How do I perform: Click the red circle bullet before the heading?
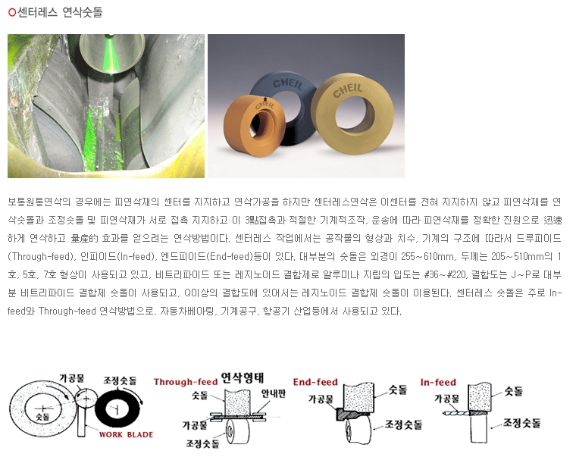(x=12, y=12)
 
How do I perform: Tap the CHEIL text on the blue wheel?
(x=288, y=84)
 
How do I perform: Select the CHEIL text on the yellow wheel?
(x=348, y=90)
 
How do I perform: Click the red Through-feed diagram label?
(x=186, y=382)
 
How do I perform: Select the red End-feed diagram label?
(x=315, y=382)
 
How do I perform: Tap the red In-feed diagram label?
(x=438, y=382)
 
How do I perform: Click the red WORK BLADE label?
(x=126, y=434)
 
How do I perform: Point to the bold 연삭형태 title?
(x=242, y=377)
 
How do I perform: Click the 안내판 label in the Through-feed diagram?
(x=274, y=393)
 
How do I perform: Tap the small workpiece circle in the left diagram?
(x=85, y=399)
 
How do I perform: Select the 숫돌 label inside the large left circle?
(x=42, y=417)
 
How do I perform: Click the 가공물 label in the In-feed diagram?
(x=446, y=398)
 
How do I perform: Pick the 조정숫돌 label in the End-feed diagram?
(x=403, y=424)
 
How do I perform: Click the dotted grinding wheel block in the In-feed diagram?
(x=480, y=397)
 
